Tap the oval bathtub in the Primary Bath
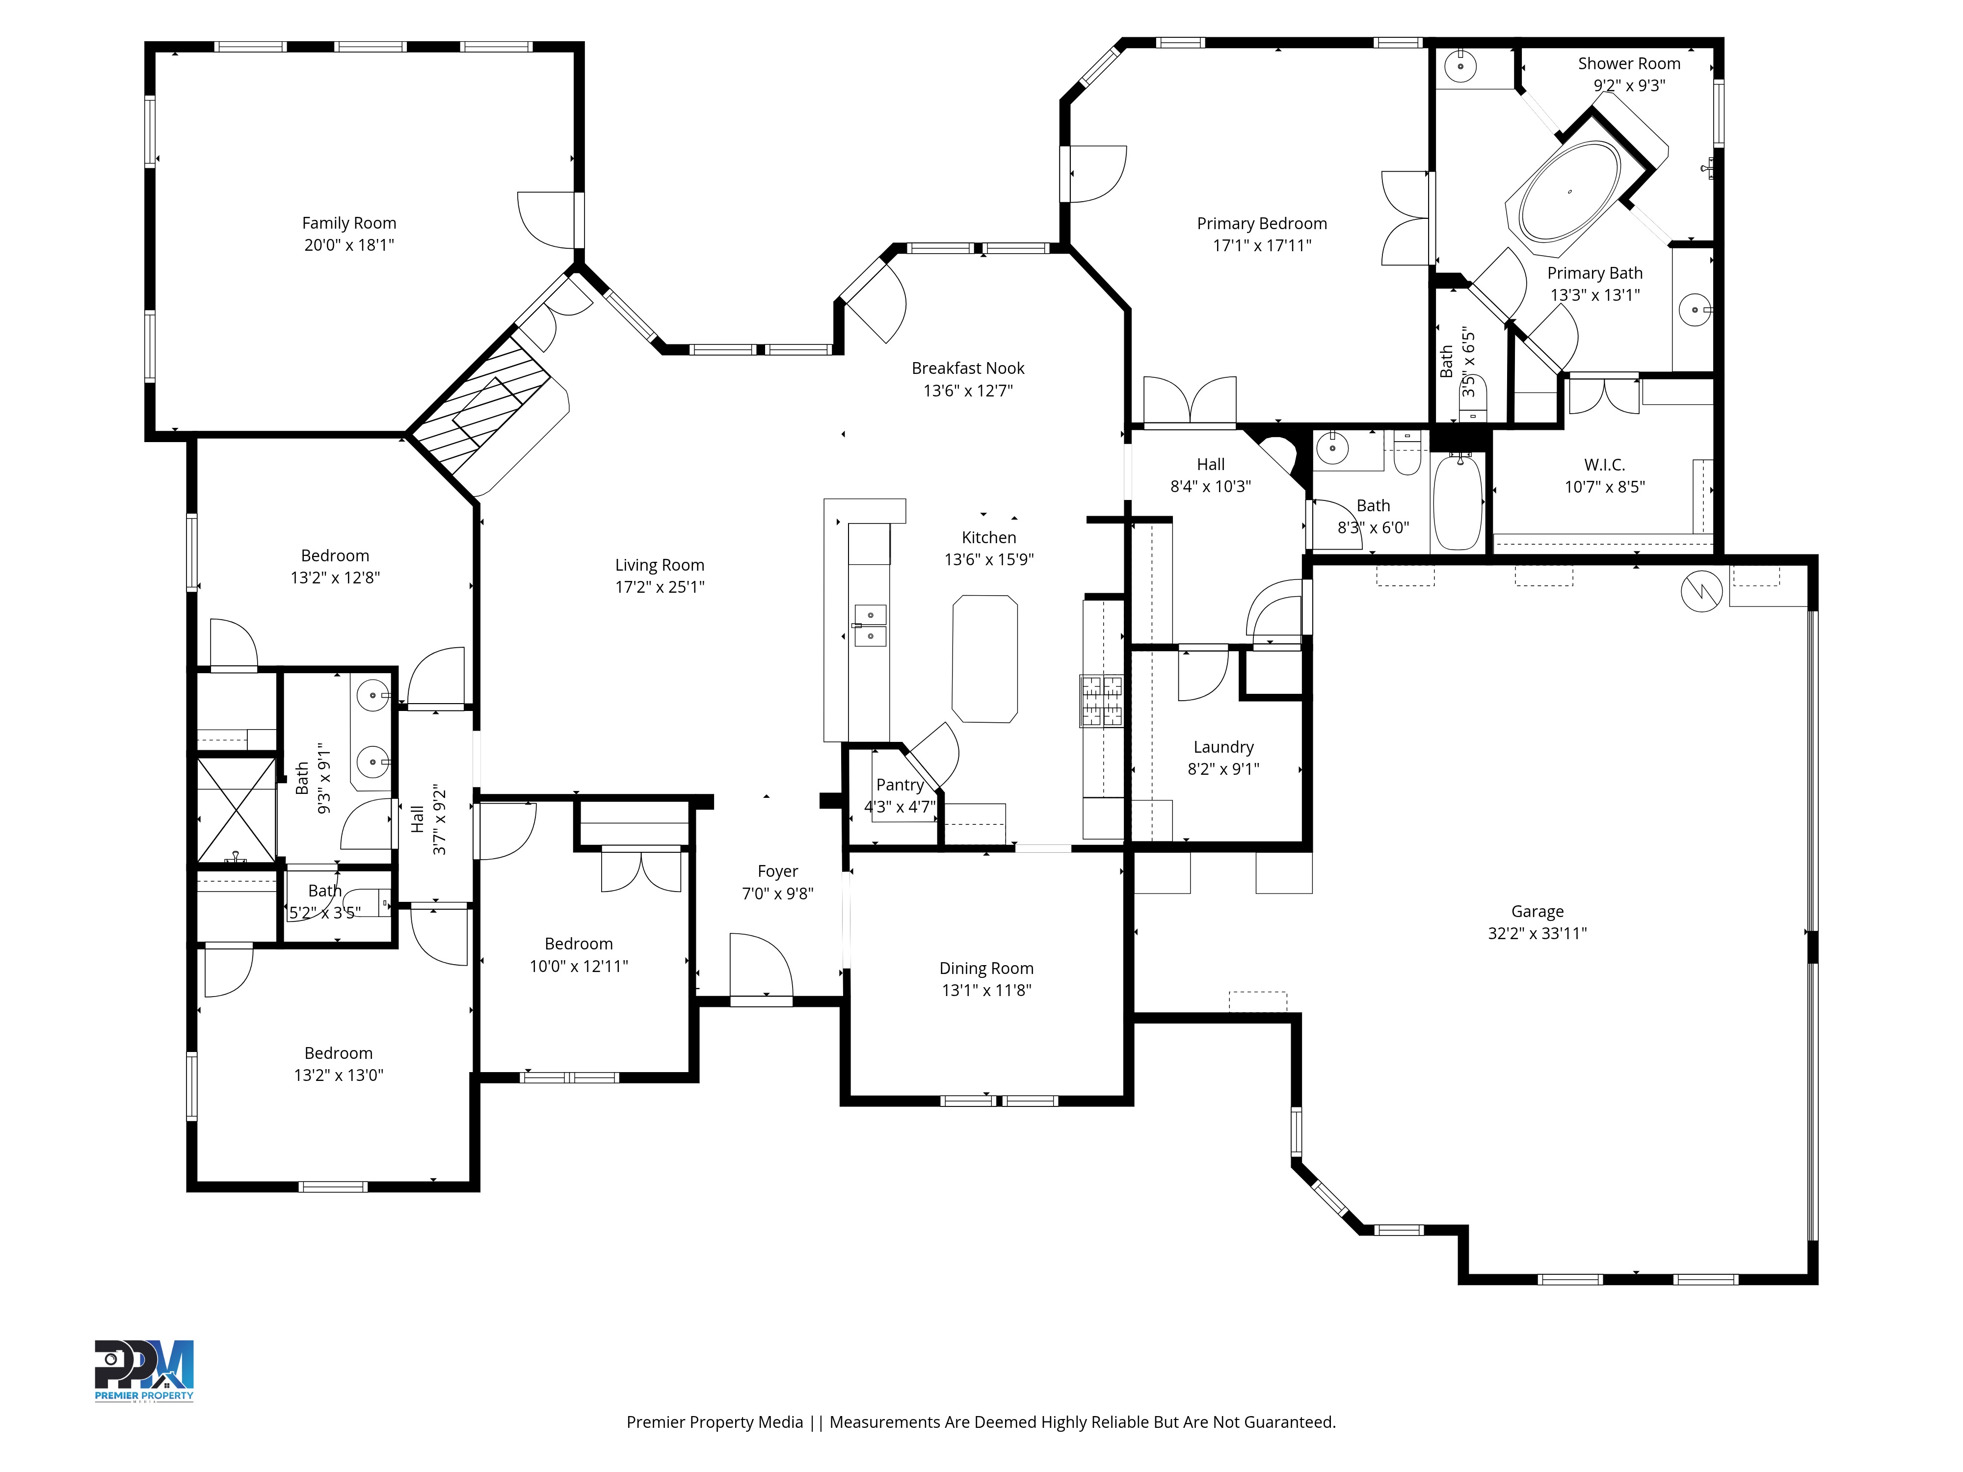click(x=1569, y=192)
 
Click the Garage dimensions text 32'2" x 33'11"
click(x=1537, y=933)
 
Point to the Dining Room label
click(x=986, y=969)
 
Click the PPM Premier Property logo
click(x=144, y=1371)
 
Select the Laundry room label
click(x=1223, y=747)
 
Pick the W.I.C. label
click(x=1604, y=465)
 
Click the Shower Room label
click(x=1628, y=64)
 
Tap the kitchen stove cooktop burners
click(x=1101, y=702)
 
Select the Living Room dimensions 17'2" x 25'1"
click(x=660, y=586)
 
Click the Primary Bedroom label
click(x=1261, y=224)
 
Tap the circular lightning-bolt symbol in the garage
click(x=1701, y=590)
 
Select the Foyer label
click(x=777, y=871)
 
